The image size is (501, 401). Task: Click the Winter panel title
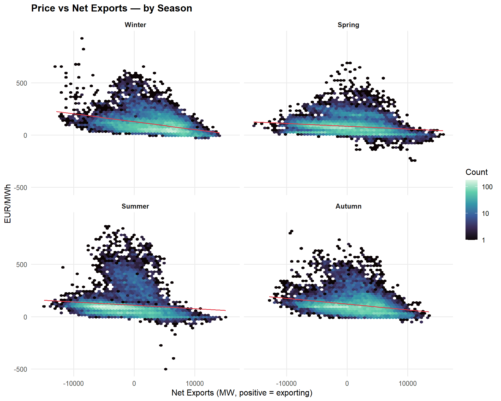135,25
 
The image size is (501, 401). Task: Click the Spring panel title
348,25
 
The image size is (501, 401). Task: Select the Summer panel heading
135,206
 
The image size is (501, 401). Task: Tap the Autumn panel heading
348,206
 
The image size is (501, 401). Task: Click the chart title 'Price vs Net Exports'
111,8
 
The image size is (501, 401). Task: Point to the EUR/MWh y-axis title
8,204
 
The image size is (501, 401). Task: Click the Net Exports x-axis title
242,393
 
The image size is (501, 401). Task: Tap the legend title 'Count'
476,172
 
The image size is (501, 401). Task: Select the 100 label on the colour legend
487,187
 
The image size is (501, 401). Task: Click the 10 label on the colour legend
485,214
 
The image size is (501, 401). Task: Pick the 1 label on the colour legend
484,240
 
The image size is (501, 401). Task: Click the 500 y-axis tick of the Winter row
22,83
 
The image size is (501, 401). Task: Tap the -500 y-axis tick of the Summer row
20,369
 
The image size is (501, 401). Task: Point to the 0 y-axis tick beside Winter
25,135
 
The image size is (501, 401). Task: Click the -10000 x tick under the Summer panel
73,384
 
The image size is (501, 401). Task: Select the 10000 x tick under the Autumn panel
408,384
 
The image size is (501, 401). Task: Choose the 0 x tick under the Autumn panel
347,384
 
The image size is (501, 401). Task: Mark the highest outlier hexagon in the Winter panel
82,38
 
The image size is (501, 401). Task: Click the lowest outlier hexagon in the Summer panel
166,369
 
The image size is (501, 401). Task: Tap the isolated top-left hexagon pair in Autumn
291,232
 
